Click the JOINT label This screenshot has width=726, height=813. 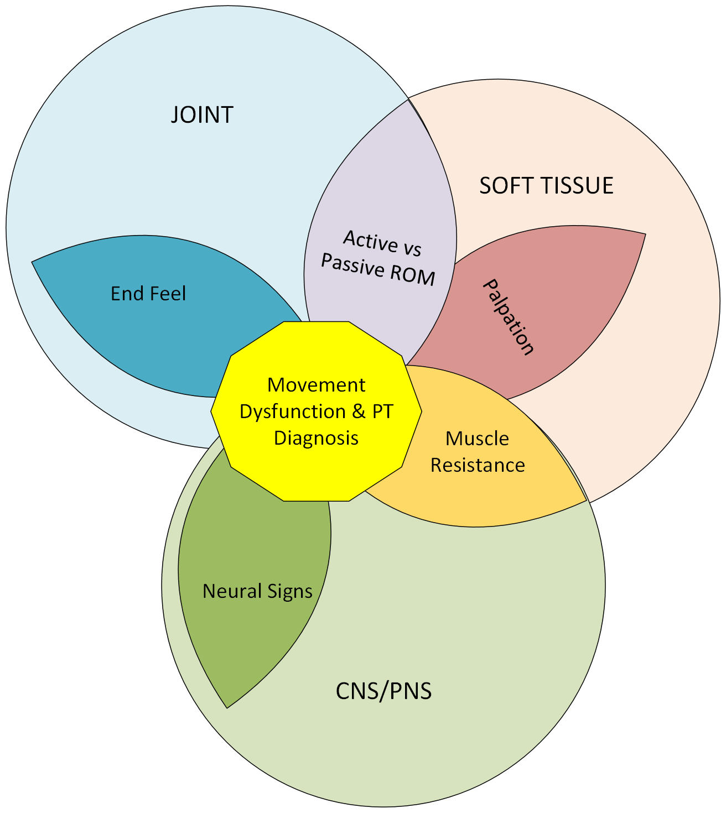click(x=202, y=115)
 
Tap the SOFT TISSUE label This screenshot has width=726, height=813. click(x=546, y=186)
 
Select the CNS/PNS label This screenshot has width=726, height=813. click(x=383, y=691)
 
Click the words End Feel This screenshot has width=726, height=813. click(x=148, y=294)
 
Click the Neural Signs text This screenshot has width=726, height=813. click(x=257, y=591)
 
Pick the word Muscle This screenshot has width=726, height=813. click(x=477, y=439)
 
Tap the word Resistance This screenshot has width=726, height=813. click(x=478, y=465)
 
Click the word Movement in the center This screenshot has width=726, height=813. click(x=316, y=385)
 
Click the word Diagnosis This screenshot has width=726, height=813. click(x=316, y=438)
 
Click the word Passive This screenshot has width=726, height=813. click(x=352, y=265)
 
